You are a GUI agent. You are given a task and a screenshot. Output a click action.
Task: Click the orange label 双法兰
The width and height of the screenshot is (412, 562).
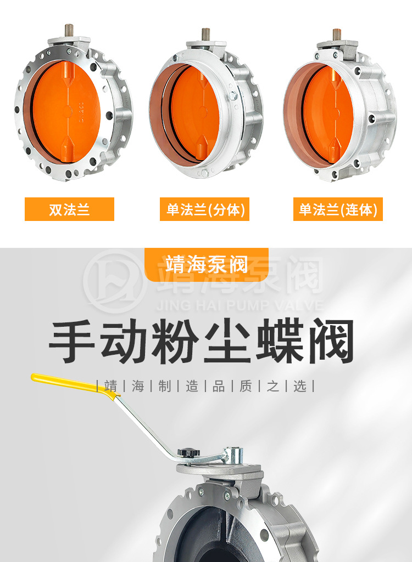(69, 209)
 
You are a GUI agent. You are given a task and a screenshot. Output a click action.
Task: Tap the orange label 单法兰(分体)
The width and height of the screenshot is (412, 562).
(204, 209)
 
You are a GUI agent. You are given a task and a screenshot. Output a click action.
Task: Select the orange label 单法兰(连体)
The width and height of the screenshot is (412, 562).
(338, 209)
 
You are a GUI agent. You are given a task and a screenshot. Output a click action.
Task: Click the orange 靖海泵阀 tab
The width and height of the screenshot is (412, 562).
(207, 264)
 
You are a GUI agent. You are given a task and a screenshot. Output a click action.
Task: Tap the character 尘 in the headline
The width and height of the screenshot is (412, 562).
(228, 341)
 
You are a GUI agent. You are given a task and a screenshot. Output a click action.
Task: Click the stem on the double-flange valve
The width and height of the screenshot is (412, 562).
(69, 30)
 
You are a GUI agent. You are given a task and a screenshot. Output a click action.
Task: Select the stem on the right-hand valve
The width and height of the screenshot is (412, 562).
(337, 35)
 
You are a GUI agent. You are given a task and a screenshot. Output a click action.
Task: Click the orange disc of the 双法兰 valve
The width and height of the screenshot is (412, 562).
(65, 112)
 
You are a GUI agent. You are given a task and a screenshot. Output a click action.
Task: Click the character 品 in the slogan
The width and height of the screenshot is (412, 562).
(219, 387)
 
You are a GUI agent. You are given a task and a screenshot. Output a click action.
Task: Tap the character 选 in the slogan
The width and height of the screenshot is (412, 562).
(300, 387)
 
